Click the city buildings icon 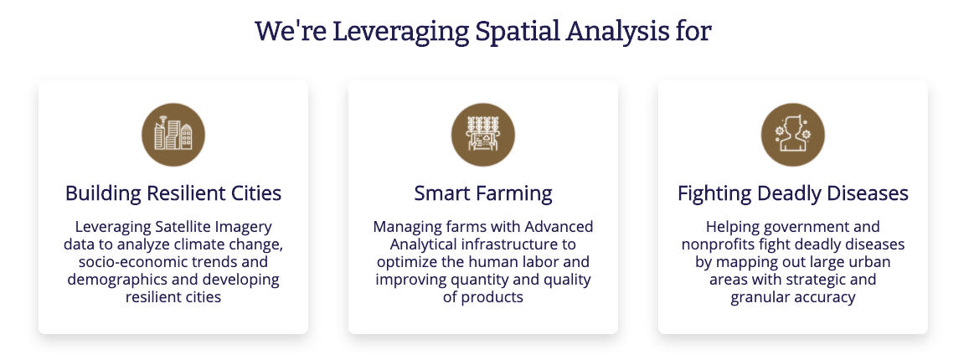coord(173,135)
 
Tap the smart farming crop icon coord(483,135)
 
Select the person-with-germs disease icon coord(793,135)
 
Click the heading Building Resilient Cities coord(173,193)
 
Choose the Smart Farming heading coord(483,193)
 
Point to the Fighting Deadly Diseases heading coord(793,193)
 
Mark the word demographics coord(106,280)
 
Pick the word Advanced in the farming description coord(560,227)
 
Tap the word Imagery coord(243,227)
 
